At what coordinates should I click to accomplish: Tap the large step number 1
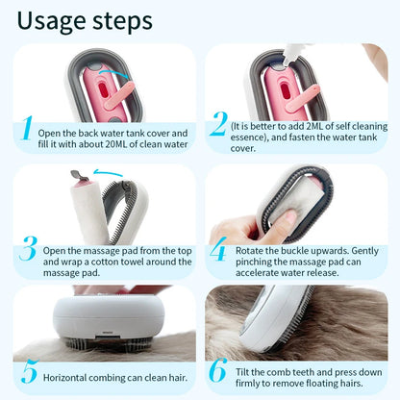28,128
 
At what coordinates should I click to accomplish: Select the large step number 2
218,125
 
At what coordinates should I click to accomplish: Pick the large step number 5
28,372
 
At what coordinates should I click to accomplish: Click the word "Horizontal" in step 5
69,373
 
